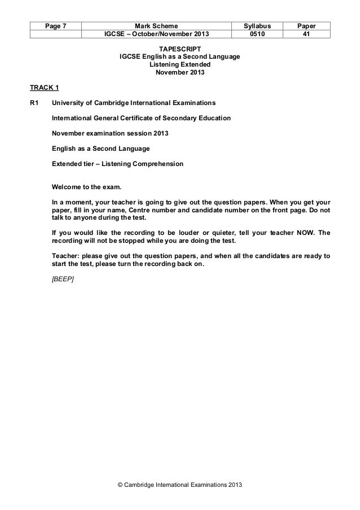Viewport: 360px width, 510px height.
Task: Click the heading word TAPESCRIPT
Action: pyautogui.click(x=180, y=49)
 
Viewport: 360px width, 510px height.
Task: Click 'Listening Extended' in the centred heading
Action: pyautogui.click(x=180, y=65)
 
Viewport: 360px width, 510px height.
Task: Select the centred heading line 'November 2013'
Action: pyautogui.click(x=180, y=73)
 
